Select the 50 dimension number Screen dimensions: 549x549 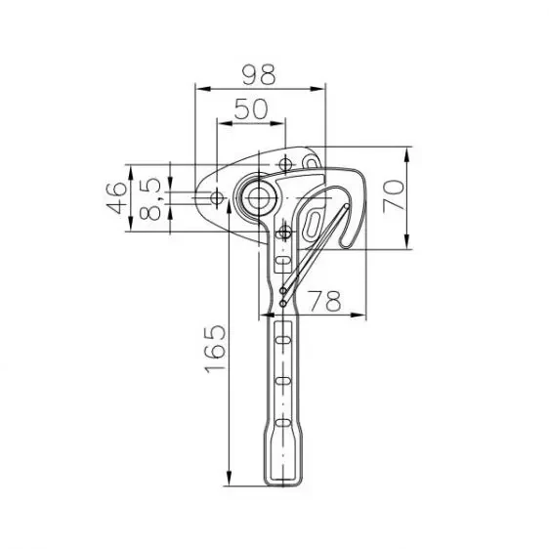click(251, 109)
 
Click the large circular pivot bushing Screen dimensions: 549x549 click(259, 196)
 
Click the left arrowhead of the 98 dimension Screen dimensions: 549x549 click(200, 88)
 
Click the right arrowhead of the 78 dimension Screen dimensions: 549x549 click(366, 315)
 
